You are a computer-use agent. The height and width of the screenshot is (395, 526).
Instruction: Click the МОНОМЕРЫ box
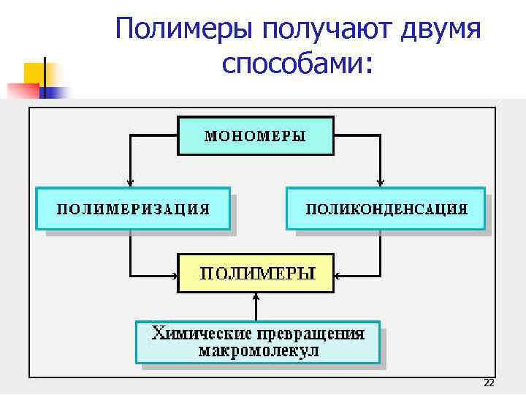click(255, 135)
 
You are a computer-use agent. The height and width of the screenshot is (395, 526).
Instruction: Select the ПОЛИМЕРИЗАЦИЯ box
click(133, 208)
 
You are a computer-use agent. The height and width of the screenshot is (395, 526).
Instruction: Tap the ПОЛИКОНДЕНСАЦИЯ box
click(386, 208)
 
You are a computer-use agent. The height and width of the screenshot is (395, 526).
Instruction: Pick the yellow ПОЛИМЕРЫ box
click(256, 274)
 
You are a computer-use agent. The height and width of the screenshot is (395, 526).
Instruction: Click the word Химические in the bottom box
click(194, 334)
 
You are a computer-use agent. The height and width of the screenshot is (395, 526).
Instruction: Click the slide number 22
click(489, 384)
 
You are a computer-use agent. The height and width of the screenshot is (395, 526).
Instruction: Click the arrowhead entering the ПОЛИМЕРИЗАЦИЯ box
click(130, 184)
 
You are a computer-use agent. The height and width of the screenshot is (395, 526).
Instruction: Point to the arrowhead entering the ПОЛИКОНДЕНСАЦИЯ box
click(381, 184)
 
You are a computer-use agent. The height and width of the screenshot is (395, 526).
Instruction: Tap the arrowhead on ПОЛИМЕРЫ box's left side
click(174, 276)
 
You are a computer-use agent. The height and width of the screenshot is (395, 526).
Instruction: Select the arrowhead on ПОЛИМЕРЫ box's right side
click(338, 276)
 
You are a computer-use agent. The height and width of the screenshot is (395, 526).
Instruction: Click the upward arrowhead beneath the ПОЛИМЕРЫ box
click(256, 297)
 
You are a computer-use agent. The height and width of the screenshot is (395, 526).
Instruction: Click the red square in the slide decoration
click(22, 90)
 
